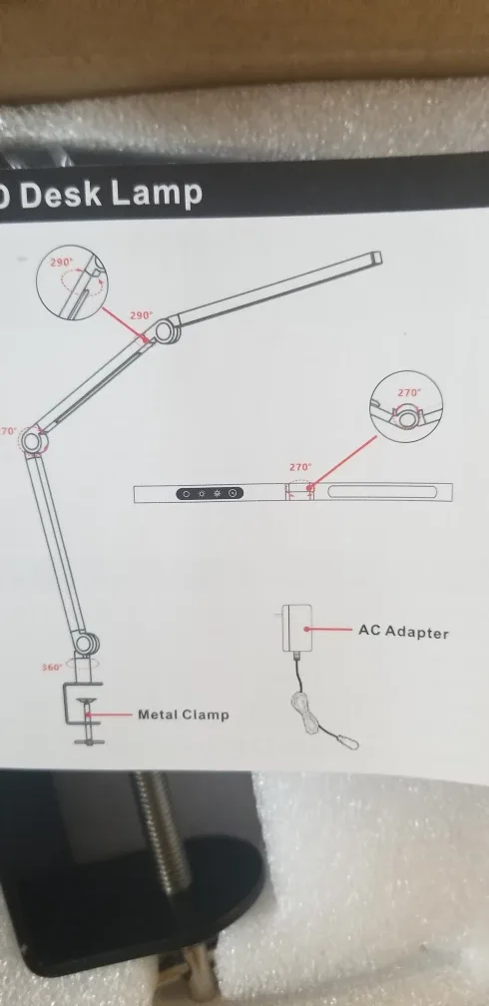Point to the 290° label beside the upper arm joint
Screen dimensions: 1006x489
[x=141, y=315]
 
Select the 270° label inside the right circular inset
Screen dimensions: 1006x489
[x=409, y=393]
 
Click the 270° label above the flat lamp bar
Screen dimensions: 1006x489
[x=300, y=467]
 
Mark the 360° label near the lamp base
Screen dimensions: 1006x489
[x=53, y=667]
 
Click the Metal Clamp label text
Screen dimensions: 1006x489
[x=183, y=715]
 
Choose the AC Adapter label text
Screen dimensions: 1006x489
[x=403, y=632]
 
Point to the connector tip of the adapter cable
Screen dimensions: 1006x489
[x=346, y=739]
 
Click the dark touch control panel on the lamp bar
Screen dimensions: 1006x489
[x=209, y=493]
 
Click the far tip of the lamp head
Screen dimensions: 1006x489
[x=375, y=257]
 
